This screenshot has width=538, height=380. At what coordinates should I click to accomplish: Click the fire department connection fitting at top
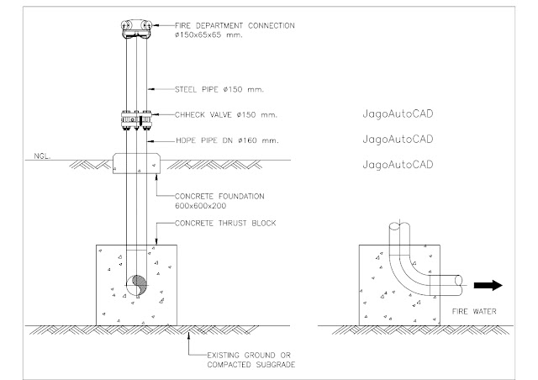click(136, 29)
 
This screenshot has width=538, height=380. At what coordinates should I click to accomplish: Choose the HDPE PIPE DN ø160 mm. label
click(224, 140)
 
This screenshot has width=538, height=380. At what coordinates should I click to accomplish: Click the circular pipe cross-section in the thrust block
click(136, 288)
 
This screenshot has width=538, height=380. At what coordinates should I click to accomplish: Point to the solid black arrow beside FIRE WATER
click(488, 286)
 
